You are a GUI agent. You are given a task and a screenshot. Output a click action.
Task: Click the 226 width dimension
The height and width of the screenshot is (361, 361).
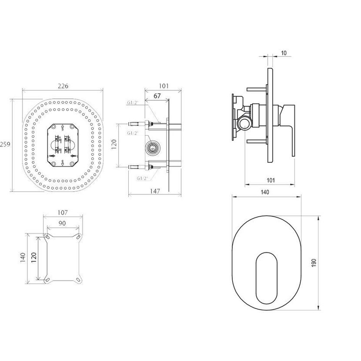tap(63, 86)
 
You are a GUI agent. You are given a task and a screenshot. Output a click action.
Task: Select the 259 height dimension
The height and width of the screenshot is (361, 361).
tap(5, 144)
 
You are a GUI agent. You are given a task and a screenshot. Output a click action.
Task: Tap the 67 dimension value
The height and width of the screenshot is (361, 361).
tap(157, 96)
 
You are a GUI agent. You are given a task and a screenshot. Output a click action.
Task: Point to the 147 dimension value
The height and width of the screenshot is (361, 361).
tap(155, 191)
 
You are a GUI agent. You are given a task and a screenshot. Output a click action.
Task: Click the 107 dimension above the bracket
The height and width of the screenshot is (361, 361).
tap(63, 213)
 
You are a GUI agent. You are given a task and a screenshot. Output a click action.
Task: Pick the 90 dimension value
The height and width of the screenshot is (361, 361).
tap(62, 223)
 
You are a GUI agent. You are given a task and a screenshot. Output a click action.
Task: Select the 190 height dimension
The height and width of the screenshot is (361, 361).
tap(314, 263)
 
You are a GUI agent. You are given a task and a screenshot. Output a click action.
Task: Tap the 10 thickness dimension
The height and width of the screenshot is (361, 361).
tap(284, 53)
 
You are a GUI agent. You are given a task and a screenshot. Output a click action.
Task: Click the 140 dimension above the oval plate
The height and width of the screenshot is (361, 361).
tap(265, 192)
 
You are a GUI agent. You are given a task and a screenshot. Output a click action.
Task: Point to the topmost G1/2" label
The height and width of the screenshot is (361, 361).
tap(132, 103)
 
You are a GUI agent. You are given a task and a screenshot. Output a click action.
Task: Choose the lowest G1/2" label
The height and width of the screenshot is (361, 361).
tap(143, 178)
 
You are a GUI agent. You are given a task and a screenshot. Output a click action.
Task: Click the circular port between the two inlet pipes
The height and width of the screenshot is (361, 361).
tap(152, 147)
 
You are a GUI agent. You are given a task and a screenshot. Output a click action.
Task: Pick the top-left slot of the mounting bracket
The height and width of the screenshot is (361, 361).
tap(48, 237)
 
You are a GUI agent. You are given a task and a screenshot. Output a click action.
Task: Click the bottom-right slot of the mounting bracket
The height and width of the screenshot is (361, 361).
tap(78, 280)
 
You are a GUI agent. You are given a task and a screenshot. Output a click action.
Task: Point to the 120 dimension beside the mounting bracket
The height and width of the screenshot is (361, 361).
tap(33, 257)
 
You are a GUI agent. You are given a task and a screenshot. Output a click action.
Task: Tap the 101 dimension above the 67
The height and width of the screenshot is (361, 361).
tap(164, 86)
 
